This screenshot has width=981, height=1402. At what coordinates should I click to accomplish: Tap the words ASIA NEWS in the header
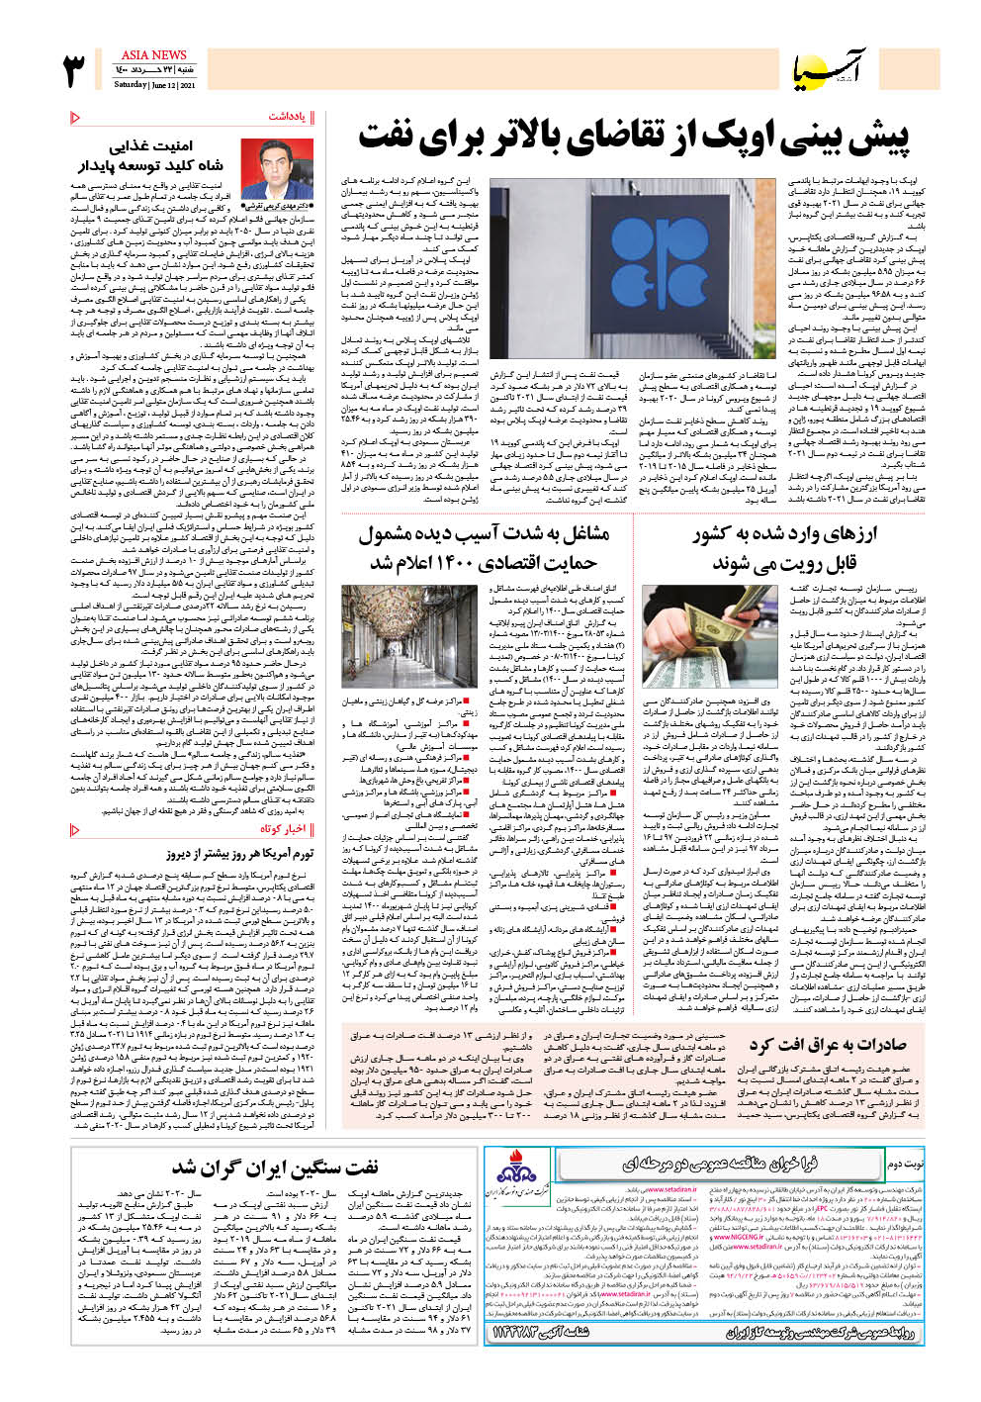pos(153,55)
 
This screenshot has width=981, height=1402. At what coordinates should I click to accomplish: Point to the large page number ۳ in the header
pos(75,71)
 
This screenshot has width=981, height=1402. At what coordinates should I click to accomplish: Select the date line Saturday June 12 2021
pos(154,85)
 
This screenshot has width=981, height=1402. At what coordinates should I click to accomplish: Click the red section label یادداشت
pos(287,117)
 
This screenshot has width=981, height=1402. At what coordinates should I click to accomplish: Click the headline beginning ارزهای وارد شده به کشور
pos(784,548)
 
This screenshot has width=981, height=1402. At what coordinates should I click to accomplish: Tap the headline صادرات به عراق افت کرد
pos(827,1045)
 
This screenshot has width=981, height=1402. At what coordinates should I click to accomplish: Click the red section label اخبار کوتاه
pos(283,829)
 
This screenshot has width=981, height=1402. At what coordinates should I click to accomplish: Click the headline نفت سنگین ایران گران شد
pos(275,1168)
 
